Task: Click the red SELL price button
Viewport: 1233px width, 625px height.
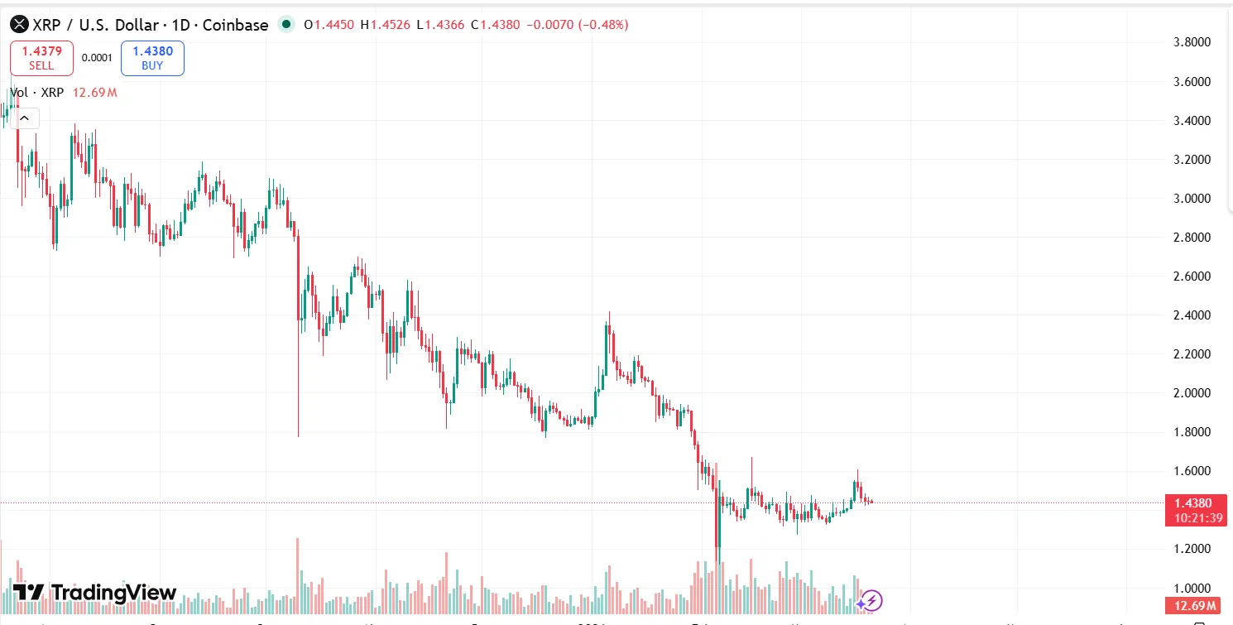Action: [41, 58]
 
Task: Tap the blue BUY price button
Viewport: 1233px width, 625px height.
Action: [152, 58]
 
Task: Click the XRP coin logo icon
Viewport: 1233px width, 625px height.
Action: [19, 25]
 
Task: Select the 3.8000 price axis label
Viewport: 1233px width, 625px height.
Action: [1194, 42]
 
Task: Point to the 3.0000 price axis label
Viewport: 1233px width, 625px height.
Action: [1194, 199]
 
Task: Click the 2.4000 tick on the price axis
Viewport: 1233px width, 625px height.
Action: [1194, 315]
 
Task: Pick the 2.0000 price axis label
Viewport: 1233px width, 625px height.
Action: [1194, 393]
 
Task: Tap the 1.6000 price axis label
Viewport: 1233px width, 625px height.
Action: [1194, 471]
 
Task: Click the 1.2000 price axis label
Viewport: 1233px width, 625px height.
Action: [1194, 549]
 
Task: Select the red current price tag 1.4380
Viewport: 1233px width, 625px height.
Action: [1193, 502]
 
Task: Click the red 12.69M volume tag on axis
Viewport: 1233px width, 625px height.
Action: [1193, 606]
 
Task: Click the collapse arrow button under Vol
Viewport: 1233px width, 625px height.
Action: [25, 118]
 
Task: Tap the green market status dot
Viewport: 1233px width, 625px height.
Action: [286, 25]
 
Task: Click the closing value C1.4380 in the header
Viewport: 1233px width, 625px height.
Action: [496, 25]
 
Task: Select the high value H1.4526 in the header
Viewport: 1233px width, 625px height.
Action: [386, 25]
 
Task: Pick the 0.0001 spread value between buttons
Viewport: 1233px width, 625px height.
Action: [97, 58]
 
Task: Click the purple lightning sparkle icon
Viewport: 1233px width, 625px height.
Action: [870, 601]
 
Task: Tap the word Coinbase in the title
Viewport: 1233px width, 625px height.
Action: [237, 25]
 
